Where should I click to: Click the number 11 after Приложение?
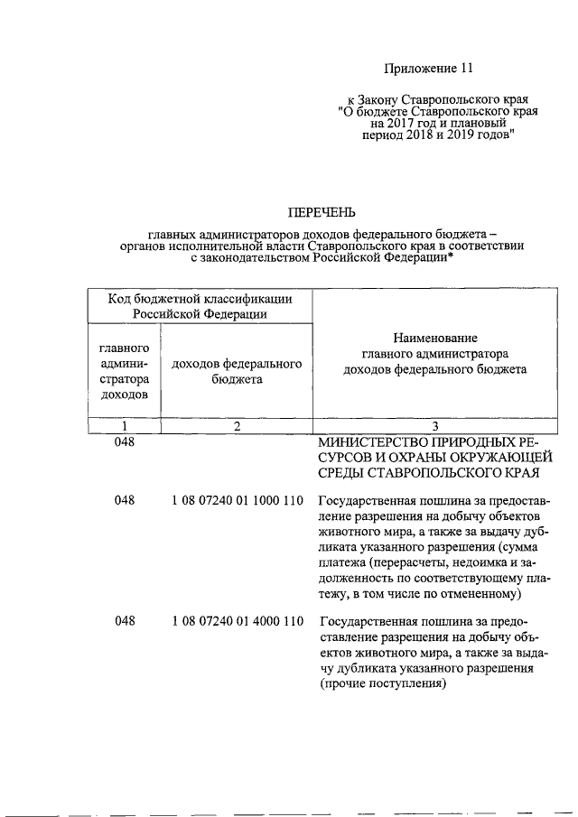coord(466,68)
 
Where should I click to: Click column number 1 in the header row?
coord(125,426)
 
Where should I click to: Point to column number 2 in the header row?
coord(236,426)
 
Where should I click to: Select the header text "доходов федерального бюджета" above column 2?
coord(237,371)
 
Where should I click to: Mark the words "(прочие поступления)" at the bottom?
coord(383,683)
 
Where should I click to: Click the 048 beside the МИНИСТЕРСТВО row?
coord(125,443)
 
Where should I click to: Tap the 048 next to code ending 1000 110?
coord(125,501)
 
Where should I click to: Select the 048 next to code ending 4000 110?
coord(125,621)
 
